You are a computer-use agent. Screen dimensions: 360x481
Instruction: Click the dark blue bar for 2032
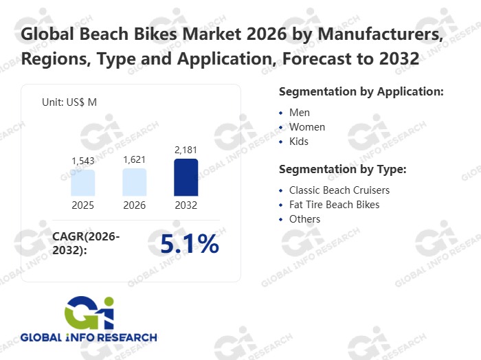[x=186, y=177]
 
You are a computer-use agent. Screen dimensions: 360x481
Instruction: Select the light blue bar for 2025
[x=82, y=183]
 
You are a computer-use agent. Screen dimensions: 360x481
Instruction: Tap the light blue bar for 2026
[x=135, y=182]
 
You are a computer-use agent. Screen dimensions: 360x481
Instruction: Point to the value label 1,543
[x=82, y=160]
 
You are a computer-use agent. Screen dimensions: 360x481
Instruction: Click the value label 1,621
[x=135, y=159]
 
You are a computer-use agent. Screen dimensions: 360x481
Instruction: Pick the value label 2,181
[x=186, y=149]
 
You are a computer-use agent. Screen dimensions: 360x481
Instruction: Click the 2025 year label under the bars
[x=82, y=205]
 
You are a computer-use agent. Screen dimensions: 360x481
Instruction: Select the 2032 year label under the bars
[x=186, y=205]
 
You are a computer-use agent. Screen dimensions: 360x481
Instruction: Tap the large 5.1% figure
[x=189, y=244]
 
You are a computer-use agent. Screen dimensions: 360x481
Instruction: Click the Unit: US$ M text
[x=69, y=102]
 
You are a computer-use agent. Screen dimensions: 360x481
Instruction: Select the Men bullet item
[x=300, y=112]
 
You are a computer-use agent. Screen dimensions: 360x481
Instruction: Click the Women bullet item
[x=307, y=127]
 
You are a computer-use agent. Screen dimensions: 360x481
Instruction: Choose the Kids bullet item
[x=299, y=142]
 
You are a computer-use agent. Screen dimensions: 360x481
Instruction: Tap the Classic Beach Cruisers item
[x=339, y=190]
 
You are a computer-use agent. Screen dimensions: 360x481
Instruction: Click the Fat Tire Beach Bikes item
[x=334, y=204]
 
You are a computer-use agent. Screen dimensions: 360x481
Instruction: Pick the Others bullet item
[x=304, y=219]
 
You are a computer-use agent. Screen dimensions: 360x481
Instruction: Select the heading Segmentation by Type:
[x=343, y=169]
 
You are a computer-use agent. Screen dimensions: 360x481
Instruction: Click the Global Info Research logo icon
[x=89, y=313]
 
